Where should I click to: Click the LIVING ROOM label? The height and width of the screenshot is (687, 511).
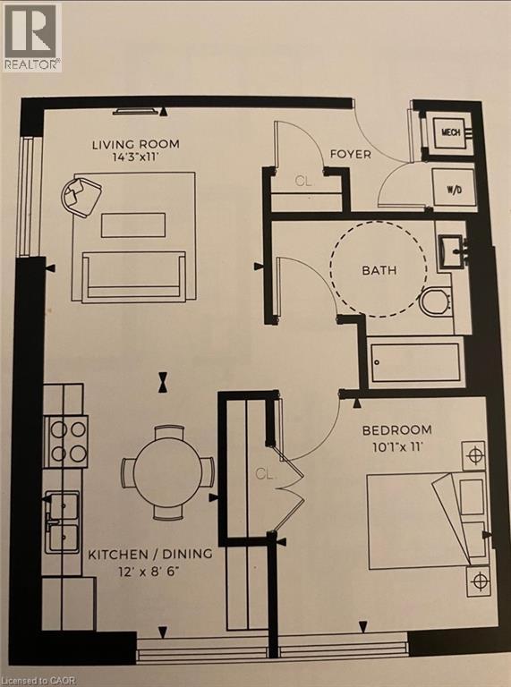pos(135,144)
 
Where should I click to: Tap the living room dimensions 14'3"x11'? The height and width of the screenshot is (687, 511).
pos(135,157)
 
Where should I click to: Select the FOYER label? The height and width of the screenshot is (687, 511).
pos(351,154)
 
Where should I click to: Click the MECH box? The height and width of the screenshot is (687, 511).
pos(450,131)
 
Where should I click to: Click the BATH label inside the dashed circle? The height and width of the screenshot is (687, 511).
pos(379,270)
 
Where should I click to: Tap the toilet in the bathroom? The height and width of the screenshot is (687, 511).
pos(435,301)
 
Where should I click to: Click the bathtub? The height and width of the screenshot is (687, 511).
pos(415,363)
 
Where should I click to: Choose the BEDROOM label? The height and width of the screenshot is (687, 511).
pos(397,429)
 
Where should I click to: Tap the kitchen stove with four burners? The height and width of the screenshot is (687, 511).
pos(65,442)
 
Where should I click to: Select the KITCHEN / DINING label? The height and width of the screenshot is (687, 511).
pos(150,555)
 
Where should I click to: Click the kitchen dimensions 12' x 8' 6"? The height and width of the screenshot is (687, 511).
pos(149,572)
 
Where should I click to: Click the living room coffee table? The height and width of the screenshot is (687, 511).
pos(133,225)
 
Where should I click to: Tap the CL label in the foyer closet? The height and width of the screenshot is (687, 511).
pos(303,181)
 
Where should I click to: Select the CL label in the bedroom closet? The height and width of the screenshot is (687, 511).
pos(264,473)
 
